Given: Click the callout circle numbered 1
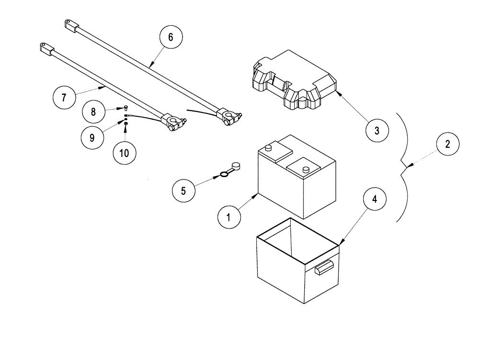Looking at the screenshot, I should (229, 217).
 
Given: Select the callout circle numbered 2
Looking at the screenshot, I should (447, 144).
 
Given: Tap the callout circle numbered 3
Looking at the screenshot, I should (376, 131).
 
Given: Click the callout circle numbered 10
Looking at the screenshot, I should (125, 153).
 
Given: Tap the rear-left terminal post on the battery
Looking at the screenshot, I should (269, 148).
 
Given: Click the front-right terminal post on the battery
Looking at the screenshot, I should (305, 169).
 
